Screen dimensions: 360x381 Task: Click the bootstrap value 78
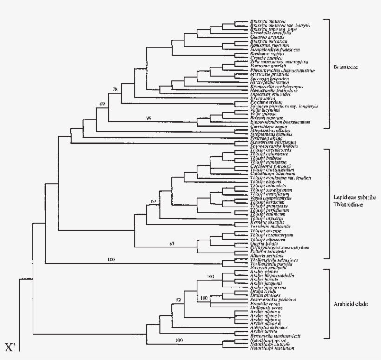(x=116, y=89)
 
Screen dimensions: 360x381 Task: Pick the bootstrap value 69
(x=102, y=105)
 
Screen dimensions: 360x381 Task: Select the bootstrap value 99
(x=149, y=119)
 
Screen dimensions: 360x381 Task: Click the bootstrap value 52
(x=178, y=300)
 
